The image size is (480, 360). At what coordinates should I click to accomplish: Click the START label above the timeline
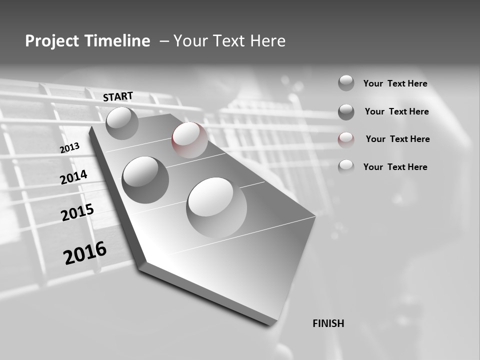(118, 96)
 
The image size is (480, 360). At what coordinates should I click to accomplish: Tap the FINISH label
(328, 323)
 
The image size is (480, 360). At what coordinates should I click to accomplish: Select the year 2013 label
(70, 148)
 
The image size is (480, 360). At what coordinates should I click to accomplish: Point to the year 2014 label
(74, 177)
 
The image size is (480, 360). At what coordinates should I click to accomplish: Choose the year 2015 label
(77, 213)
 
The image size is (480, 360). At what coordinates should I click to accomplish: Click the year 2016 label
(85, 252)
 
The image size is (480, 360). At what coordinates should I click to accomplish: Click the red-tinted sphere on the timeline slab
(189, 140)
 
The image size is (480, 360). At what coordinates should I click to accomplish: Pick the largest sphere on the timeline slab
(216, 207)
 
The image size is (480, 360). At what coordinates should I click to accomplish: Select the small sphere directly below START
(122, 123)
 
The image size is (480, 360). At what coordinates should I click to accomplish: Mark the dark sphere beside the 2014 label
(145, 179)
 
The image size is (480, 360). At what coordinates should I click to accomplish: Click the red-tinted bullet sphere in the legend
(346, 139)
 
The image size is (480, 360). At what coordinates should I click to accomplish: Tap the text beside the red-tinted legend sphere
(397, 139)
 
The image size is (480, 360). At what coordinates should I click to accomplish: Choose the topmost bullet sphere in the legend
(346, 83)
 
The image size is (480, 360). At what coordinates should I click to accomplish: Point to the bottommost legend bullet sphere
(346, 166)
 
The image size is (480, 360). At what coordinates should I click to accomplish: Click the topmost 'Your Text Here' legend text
(395, 83)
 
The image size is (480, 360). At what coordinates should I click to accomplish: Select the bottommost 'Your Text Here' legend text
(395, 167)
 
